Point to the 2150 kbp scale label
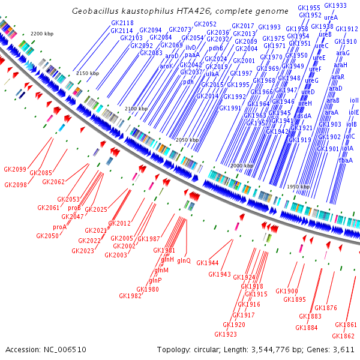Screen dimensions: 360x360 (x=87, y=73)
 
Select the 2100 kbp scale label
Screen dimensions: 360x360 (x=136, y=108)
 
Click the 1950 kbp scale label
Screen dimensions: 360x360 (x=298, y=187)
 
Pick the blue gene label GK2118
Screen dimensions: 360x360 (x=122, y=23)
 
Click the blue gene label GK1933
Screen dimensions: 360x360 (x=335, y=5)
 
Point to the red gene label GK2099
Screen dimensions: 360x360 (x=15, y=169)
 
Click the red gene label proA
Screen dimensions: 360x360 (x=59, y=227)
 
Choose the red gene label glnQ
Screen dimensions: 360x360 (x=184, y=260)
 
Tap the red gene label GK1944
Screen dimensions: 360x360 (x=208, y=263)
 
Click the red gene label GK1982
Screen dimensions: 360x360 (x=130, y=296)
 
